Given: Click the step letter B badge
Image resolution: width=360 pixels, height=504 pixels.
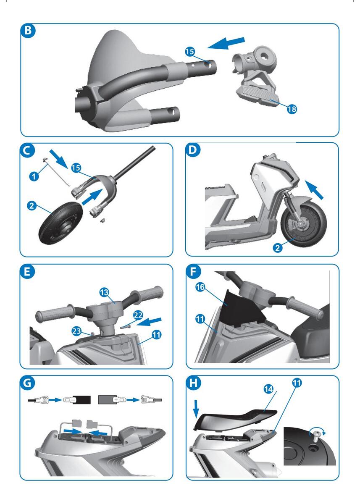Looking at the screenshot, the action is tap(28, 30).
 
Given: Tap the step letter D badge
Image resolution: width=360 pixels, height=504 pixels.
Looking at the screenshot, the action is tap(192, 150).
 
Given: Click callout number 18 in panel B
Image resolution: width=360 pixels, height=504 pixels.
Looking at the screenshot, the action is tap(292, 109).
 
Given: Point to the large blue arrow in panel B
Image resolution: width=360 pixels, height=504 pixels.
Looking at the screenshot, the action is tap(226, 43).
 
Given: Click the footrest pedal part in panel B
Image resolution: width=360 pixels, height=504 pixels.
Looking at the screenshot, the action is tap(258, 96).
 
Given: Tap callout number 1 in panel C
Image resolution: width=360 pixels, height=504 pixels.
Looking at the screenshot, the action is tap(34, 176).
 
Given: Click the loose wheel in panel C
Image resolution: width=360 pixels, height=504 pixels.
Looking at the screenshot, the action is tap(60, 222).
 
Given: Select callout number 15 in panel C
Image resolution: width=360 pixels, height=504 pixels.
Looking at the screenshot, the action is tap(76, 168).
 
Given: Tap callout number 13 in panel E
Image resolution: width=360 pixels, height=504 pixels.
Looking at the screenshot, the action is tap(104, 292).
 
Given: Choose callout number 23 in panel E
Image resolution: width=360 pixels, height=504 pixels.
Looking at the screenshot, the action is tap(76, 331).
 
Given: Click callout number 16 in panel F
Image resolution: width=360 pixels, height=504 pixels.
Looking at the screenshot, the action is tap(200, 287).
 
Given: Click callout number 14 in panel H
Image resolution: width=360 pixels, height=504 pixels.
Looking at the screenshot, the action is tap(268, 389).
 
